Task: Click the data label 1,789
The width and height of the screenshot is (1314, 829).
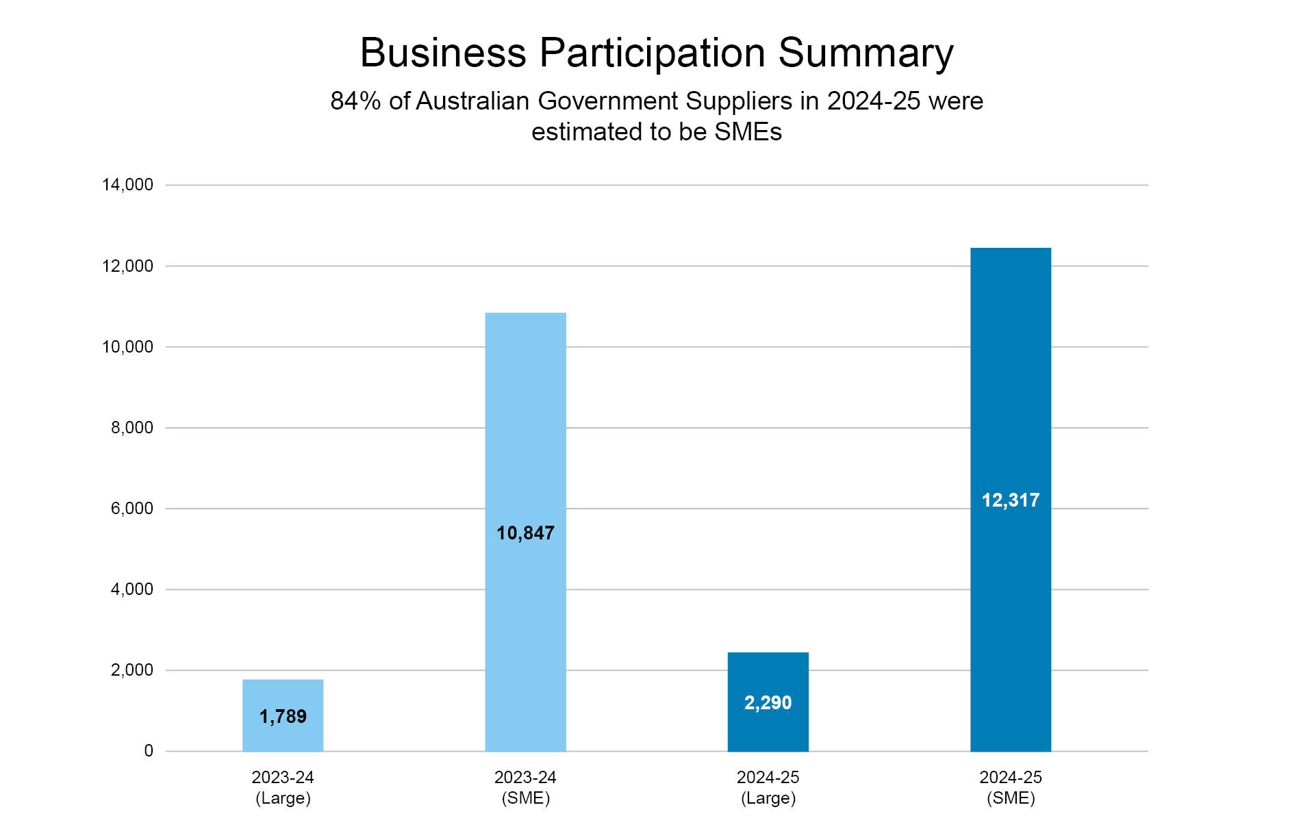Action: click(283, 717)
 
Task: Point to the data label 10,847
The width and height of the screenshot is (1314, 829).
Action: click(525, 533)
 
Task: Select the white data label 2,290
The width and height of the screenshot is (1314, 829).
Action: click(768, 703)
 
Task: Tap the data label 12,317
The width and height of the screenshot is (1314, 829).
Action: click(1010, 500)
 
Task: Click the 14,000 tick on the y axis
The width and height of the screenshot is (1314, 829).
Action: click(127, 185)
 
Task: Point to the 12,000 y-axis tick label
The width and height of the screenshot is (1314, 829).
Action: click(127, 266)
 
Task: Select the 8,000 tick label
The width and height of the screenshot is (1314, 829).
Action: click(131, 428)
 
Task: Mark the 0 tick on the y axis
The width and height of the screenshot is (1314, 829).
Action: click(149, 751)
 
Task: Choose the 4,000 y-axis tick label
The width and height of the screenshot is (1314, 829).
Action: click(131, 589)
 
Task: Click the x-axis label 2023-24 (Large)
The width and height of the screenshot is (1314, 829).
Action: click(283, 788)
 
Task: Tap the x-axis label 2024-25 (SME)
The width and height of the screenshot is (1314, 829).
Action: click(1010, 788)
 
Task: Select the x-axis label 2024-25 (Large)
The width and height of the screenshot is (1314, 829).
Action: click(768, 788)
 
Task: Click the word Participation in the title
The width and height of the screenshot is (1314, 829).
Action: click(652, 53)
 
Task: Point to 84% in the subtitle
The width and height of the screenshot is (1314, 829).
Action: click(355, 101)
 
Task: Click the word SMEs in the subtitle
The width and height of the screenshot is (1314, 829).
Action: click(748, 132)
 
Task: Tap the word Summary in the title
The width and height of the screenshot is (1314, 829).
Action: click(866, 53)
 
